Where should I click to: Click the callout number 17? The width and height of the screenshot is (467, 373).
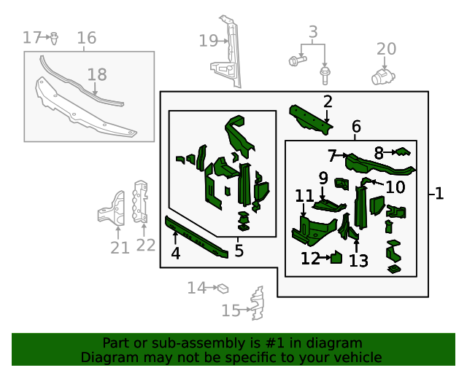pyautogui.click(x=31, y=37)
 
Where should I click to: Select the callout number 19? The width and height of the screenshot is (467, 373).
pyautogui.click(x=209, y=41)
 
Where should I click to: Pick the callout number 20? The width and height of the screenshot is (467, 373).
pyautogui.click(x=386, y=49)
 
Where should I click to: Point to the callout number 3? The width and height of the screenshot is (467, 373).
pyautogui.click(x=313, y=32)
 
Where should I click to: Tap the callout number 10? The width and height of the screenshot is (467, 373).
pyautogui.click(x=395, y=187)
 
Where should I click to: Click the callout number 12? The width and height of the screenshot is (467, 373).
pyautogui.click(x=310, y=258)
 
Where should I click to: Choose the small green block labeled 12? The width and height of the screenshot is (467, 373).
pyautogui.click(x=337, y=256)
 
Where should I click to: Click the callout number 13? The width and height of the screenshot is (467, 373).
pyautogui.click(x=358, y=260)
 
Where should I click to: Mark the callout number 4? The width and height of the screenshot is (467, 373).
pyautogui.click(x=175, y=254)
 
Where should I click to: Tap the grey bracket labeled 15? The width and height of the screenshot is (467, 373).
pyautogui.click(x=256, y=304)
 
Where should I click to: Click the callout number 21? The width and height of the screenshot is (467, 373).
pyautogui.click(x=120, y=248)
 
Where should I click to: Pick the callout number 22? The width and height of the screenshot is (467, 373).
pyautogui.click(x=146, y=245)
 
